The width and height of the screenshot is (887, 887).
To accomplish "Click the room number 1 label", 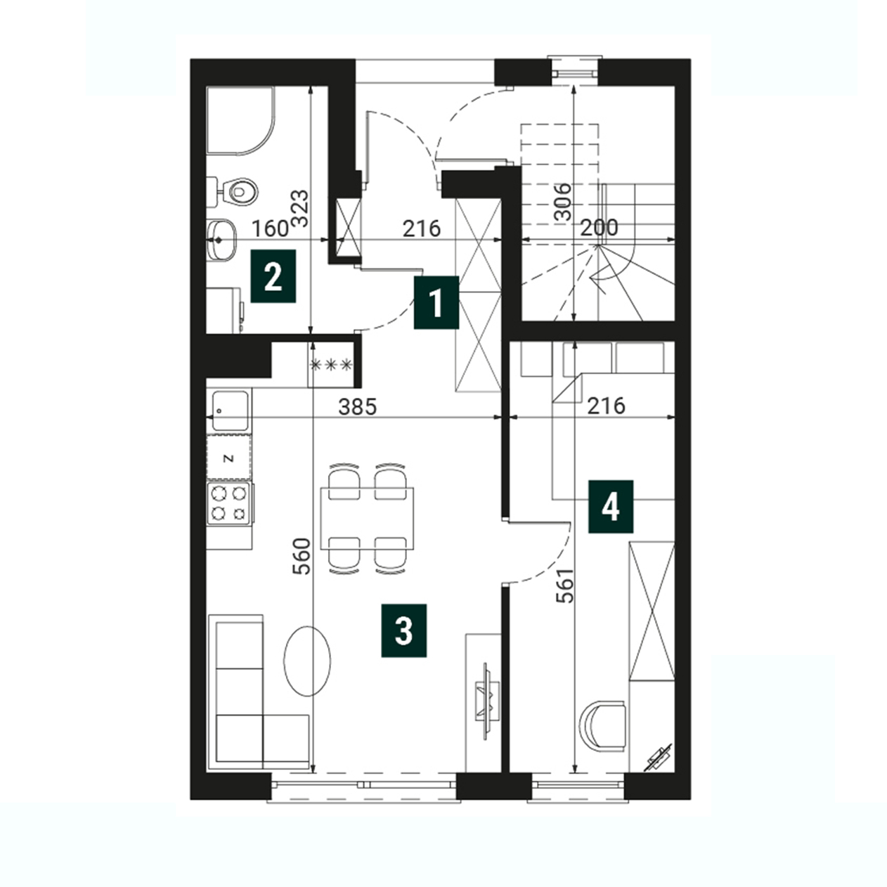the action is pyautogui.click(x=436, y=302).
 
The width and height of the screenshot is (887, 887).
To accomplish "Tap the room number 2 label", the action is pyautogui.click(x=273, y=276).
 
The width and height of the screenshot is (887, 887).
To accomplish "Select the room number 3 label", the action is pyautogui.click(x=403, y=630).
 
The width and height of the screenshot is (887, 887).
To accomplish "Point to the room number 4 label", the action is pyautogui.click(x=610, y=507).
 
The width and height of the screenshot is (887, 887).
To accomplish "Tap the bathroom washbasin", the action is pyautogui.click(x=221, y=240).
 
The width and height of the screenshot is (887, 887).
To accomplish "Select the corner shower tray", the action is pyautogui.click(x=240, y=120).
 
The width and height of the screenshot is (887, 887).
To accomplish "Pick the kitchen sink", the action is pyautogui.click(x=229, y=410).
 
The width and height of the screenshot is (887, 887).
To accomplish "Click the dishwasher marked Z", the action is pyautogui.click(x=228, y=458).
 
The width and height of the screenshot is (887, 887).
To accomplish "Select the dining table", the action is pyautogui.click(x=368, y=518).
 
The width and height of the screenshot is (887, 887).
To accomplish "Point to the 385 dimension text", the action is pyautogui.click(x=358, y=407).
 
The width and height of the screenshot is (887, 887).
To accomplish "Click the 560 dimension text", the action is pyautogui.click(x=302, y=556).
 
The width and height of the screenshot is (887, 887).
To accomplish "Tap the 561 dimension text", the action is pyautogui.click(x=565, y=585).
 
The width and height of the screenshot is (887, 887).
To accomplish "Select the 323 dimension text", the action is pyautogui.click(x=300, y=209).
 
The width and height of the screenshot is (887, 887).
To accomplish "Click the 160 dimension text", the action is pyautogui.click(x=271, y=228).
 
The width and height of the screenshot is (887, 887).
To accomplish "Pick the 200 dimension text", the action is pyautogui.click(x=599, y=228).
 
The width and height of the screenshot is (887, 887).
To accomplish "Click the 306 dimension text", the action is pyautogui.click(x=562, y=202).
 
